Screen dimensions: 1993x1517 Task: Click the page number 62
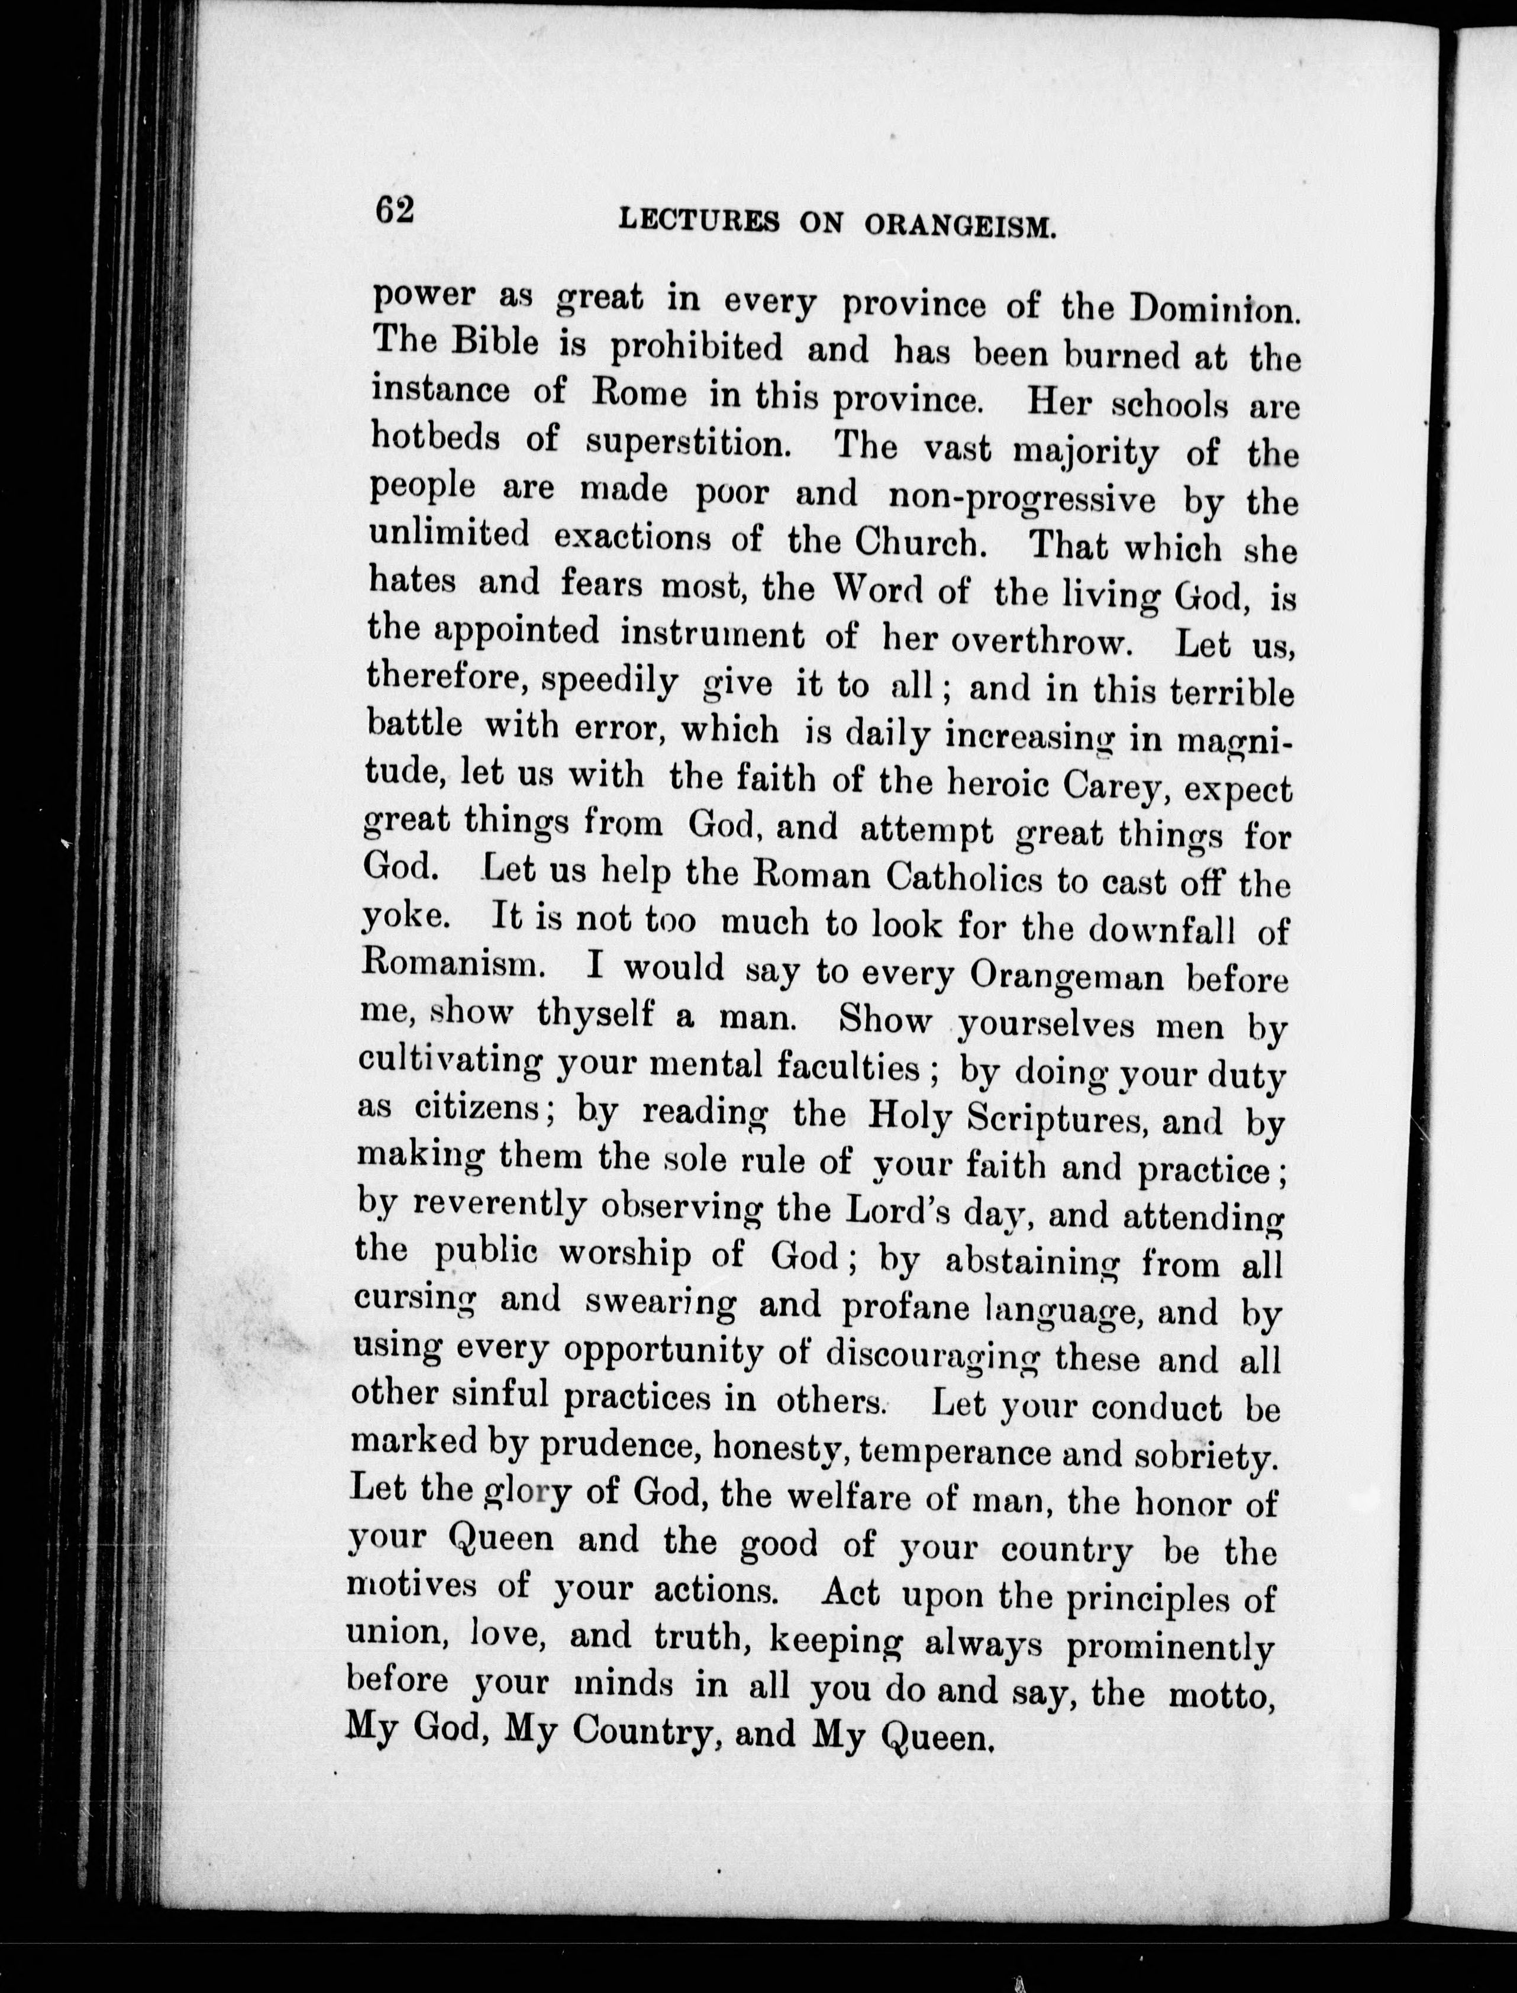[395, 211]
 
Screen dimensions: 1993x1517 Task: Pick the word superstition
[687, 443]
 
